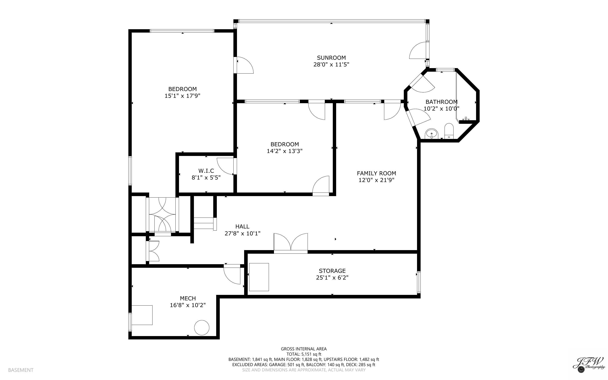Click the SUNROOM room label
[331, 58]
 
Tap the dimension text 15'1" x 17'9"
[182, 96]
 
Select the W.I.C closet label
[206, 171]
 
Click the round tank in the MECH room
[202, 327]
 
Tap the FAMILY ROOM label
[376, 173]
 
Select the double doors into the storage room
[291, 243]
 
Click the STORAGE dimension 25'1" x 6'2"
[332, 278]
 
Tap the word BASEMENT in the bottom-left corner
[21, 370]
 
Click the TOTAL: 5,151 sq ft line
[304, 354]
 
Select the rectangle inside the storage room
[259, 277]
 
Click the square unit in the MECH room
[142, 315]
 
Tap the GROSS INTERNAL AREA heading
[304, 349]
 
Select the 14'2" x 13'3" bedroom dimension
[284, 151]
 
